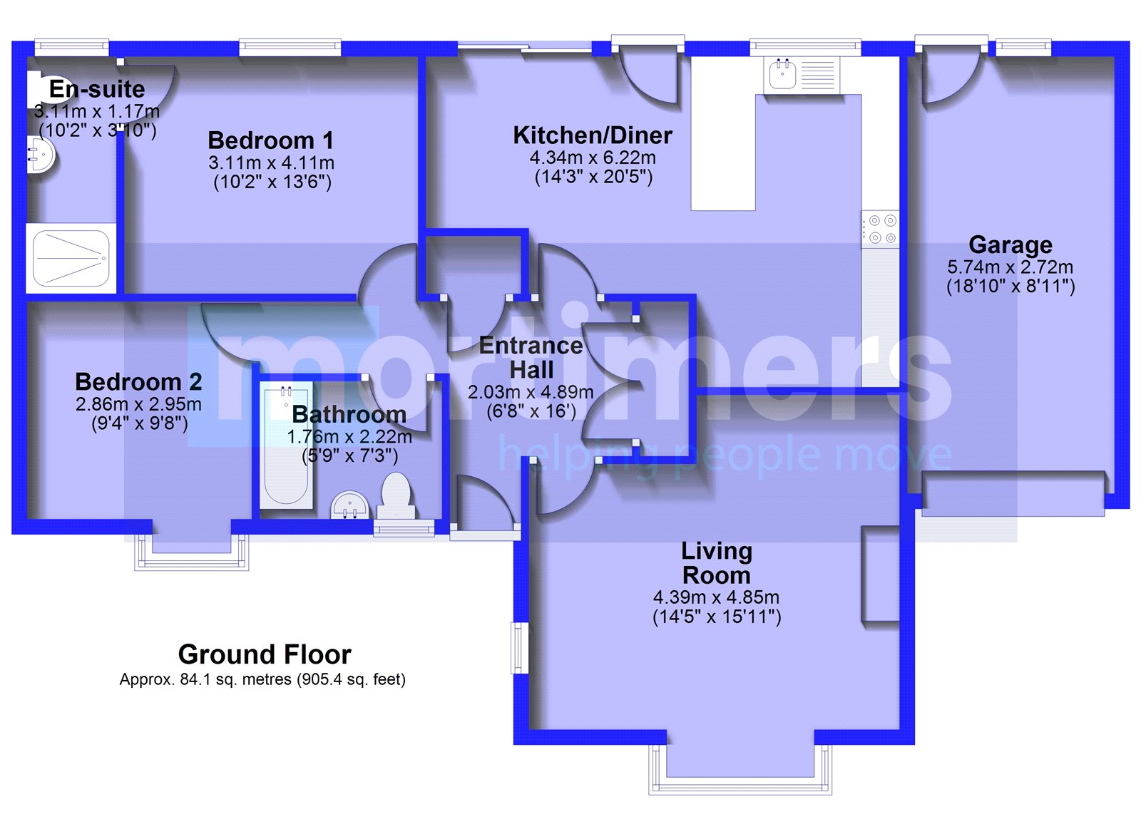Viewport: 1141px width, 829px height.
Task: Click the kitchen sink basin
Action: point(782,74)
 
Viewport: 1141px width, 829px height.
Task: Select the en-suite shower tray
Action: point(71,258)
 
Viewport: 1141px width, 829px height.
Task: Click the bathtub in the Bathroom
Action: point(286,446)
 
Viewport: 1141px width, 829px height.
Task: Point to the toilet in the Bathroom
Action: point(396,495)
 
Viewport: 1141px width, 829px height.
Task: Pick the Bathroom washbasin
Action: point(350,505)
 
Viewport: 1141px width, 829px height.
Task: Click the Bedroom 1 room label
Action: point(270,140)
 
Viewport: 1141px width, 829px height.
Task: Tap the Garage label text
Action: point(1010,245)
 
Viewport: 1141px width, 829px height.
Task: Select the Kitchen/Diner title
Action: point(593,135)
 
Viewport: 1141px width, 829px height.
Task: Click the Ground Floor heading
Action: point(265,654)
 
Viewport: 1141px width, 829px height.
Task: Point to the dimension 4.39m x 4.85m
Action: point(716,597)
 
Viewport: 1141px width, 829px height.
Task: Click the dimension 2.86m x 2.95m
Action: point(138,404)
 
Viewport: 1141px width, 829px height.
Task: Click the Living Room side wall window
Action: point(519,648)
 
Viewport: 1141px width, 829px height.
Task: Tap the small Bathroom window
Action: point(404,529)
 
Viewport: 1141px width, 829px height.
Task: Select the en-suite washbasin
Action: point(40,153)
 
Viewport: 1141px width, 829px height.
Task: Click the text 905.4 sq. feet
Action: point(350,679)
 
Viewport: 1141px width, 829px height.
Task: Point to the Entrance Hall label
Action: point(531,357)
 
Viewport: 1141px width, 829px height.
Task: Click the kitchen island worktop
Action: point(723,133)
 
